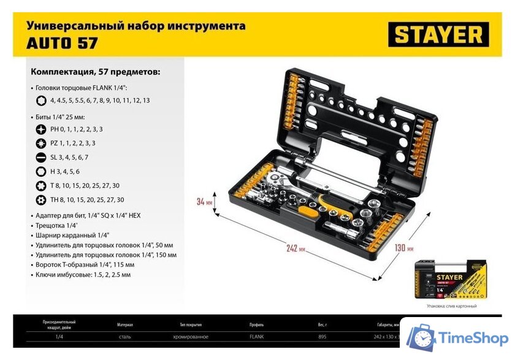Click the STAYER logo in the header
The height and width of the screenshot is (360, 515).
coord(438,34)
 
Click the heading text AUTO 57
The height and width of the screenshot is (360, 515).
coord(61,43)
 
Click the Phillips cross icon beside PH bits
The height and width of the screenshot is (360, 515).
coord(40,129)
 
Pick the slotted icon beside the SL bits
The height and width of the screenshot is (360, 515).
coord(40,157)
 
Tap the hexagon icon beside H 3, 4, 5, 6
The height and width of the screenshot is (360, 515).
coord(40,171)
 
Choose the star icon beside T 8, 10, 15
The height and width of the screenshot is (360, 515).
coord(40,185)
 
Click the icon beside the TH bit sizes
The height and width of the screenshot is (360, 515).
coord(40,199)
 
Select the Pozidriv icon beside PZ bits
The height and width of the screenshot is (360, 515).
coord(40,143)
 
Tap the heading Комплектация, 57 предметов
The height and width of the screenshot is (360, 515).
coord(95,72)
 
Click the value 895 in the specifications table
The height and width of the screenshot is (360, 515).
coord(322,337)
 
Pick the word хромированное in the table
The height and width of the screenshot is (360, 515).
coord(190,337)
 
